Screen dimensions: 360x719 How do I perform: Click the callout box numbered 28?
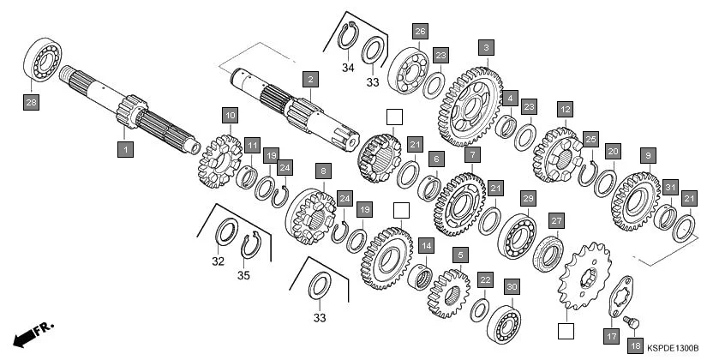click(32, 103)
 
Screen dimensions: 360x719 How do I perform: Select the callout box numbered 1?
click(125, 150)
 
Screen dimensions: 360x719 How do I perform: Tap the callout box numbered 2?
click(309, 79)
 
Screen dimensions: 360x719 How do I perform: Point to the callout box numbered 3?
click(486, 47)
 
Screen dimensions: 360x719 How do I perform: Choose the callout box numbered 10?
click(229, 114)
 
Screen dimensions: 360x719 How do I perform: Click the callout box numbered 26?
click(419, 32)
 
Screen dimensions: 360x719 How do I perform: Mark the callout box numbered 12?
click(564, 109)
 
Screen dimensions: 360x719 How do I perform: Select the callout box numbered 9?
click(647, 155)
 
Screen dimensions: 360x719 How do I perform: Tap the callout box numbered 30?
click(512, 286)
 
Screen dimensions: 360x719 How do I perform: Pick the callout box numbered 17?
click(612, 336)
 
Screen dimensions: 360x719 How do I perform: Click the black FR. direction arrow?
click(28, 333)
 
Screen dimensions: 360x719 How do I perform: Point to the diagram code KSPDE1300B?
click(673, 348)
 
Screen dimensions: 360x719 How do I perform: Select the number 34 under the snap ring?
click(347, 67)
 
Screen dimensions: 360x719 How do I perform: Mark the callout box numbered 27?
click(556, 220)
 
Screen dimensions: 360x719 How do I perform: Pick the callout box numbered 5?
click(461, 255)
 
